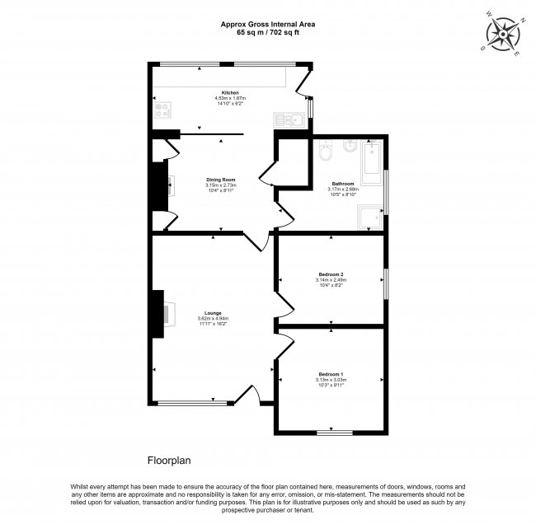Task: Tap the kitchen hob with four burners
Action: click(x=162, y=109)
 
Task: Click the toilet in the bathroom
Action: click(x=325, y=152)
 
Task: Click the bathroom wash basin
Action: click(x=350, y=147)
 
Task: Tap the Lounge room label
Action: click(x=214, y=313)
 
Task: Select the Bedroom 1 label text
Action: click(x=330, y=375)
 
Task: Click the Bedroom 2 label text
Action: click(x=330, y=274)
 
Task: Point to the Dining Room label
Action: click(x=221, y=180)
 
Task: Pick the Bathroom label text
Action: click(x=343, y=183)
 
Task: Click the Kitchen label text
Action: click(x=229, y=91)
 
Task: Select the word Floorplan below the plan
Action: click(x=168, y=461)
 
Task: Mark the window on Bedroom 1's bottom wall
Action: click(x=330, y=431)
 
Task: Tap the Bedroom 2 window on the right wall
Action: click(x=385, y=280)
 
